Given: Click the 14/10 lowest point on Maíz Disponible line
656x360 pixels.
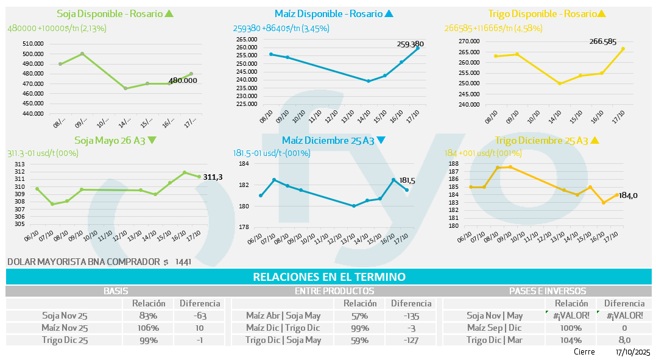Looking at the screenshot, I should pyautogui.click(x=368, y=81).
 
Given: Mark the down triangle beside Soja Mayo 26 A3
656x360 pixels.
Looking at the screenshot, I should pyautogui.click(x=152, y=140).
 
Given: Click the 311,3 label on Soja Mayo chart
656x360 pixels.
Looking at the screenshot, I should pyautogui.click(x=212, y=177).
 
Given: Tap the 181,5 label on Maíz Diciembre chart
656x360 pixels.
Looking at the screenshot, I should pyautogui.click(x=407, y=180).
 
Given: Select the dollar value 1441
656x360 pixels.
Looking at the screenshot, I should pyautogui.click(x=183, y=261).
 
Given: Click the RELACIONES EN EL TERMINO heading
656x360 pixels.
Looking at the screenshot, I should pyautogui.click(x=329, y=277).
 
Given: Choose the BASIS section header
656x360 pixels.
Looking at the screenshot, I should pyautogui.click(x=116, y=291).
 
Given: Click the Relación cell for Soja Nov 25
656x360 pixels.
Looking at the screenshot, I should pyautogui.click(x=149, y=316).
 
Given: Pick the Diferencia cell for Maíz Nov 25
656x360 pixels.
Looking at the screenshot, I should pyautogui.click(x=199, y=328).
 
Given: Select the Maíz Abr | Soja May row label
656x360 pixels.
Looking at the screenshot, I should pyautogui.click(x=283, y=316).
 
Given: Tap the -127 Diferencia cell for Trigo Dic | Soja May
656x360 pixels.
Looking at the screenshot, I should pyautogui.click(x=411, y=340).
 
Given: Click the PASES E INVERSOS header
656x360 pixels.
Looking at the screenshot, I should pyautogui.click(x=547, y=291).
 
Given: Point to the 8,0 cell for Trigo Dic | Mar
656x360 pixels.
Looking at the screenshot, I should pyautogui.click(x=624, y=340).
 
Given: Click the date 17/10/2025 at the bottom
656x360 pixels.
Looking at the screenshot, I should pyautogui.click(x=632, y=352).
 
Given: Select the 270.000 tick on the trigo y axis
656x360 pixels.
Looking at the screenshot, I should pyautogui.click(x=468, y=41).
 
